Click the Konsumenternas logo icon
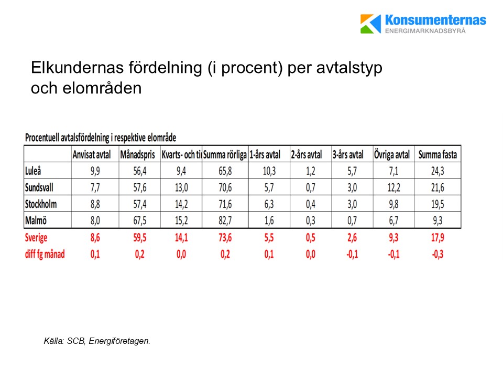point(371,24)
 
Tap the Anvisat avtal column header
point(92,154)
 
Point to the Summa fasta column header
point(438,154)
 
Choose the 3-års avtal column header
point(348,154)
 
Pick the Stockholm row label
point(41,204)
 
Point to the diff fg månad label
point(45,255)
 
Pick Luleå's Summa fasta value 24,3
point(438,171)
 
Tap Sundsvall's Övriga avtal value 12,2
point(394,187)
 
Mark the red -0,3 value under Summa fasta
point(438,255)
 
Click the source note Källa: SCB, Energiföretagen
point(97,341)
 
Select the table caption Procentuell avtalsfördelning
point(100,138)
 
